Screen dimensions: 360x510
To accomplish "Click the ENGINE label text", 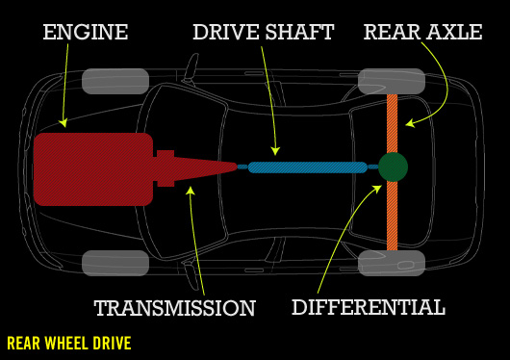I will click(x=86, y=32).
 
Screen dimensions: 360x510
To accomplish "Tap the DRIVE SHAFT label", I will click(x=263, y=32).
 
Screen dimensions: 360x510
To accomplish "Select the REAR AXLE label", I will click(x=422, y=32).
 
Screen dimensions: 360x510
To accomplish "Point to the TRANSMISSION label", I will click(x=174, y=308).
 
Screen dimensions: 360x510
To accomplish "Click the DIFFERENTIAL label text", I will click(x=369, y=307).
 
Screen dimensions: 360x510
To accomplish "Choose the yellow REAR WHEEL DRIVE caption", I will click(x=68, y=343).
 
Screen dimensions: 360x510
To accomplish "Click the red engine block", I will click(x=92, y=168).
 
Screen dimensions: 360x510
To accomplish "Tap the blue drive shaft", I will click(x=308, y=167).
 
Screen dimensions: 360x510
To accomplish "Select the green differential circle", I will click(x=393, y=167).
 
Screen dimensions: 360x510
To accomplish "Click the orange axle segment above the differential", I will click(x=393, y=120).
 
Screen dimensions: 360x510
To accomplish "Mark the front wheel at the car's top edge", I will click(x=115, y=81).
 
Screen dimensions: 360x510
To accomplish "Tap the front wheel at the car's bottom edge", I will click(x=115, y=263).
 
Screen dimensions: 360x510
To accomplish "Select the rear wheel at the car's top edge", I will click(x=392, y=81).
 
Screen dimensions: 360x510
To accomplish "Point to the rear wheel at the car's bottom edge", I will click(x=392, y=263).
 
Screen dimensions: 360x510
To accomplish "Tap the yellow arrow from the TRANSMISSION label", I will click(x=198, y=241).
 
